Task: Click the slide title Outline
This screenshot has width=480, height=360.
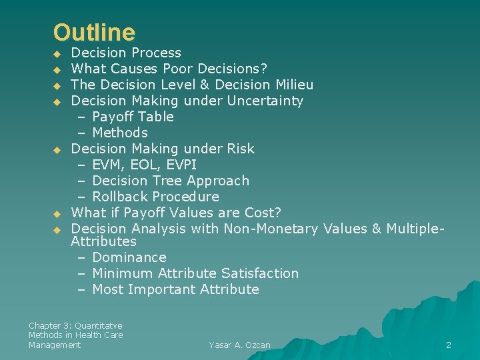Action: [94, 32]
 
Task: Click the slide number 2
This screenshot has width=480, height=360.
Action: [448, 345]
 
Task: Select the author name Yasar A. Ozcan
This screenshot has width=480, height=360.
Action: [239, 345]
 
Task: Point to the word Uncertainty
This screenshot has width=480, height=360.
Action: [265, 101]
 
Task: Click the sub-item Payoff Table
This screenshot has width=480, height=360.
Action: [133, 117]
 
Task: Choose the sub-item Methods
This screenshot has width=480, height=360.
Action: [120, 133]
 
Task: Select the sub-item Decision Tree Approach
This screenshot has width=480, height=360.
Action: [171, 181]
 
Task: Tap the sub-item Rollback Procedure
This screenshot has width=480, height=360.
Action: [155, 197]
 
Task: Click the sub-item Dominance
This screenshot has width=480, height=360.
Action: [129, 257]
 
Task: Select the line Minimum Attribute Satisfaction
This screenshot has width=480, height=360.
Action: [195, 273]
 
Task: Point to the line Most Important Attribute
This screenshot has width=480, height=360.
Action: [175, 289]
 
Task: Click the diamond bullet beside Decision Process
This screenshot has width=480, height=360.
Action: [57, 53]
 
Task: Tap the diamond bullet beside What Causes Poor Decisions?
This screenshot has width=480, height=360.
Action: [57, 69]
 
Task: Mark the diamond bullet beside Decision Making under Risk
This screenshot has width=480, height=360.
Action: [57, 149]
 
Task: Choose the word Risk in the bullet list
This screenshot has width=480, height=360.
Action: [240, 149]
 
